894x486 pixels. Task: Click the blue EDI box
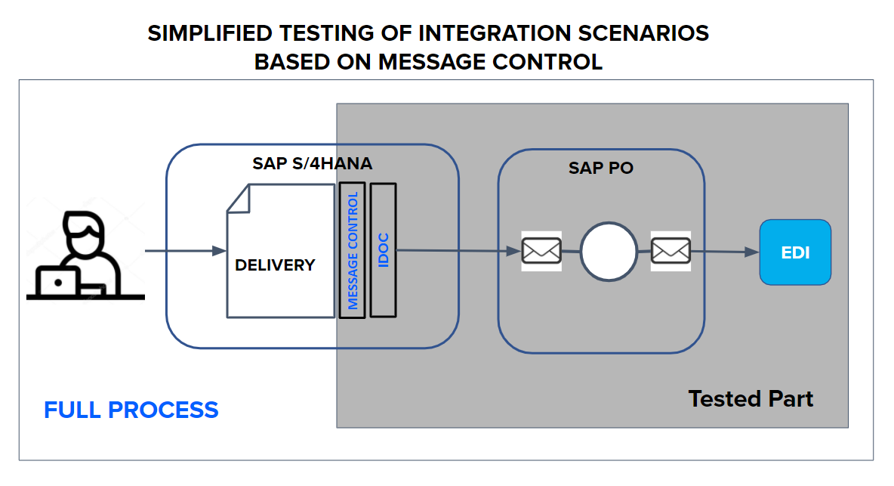795,252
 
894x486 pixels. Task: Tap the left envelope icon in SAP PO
541,250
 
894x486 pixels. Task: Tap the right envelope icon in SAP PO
670,250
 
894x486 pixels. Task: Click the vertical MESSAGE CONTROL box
353,250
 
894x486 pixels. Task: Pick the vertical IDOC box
384,250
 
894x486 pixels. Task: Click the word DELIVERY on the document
275,265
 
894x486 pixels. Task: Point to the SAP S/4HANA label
312,163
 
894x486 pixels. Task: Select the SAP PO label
600,168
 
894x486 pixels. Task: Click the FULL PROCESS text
131,410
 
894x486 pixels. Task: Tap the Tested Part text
751,398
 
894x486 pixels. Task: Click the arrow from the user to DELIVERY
185,250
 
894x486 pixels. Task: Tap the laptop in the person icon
58,282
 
